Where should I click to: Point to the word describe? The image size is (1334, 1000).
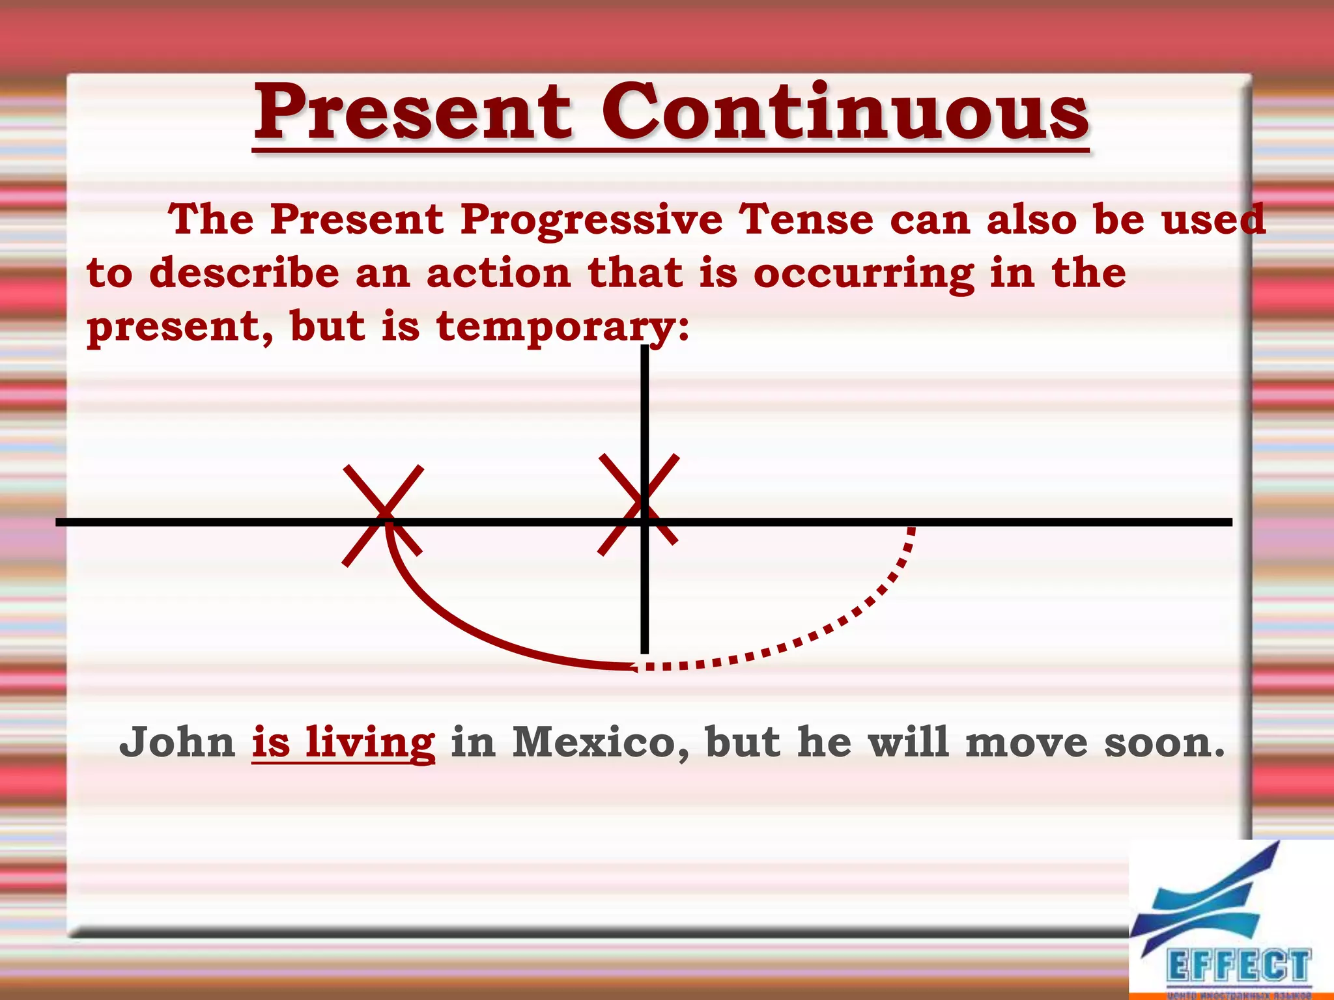(x=244, y=273)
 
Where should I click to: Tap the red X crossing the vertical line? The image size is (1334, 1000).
(x=638, y=504)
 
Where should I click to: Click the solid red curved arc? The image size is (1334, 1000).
(x=456, y=625)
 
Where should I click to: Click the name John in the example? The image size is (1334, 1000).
(x=177, y=742)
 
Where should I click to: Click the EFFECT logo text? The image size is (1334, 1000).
(x=1238, y=965)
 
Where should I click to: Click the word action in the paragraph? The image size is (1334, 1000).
(x=498, y=273)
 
